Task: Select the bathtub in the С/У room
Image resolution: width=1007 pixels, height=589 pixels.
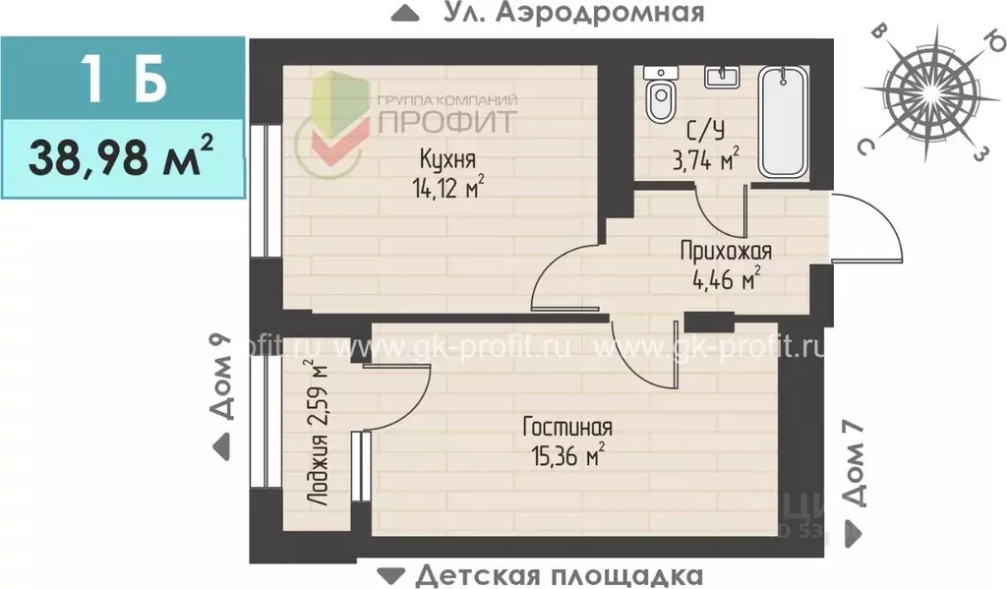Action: pos(783,122)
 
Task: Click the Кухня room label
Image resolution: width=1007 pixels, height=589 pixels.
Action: pos(447,159)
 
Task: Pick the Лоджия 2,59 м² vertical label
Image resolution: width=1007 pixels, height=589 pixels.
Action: pos(316,433)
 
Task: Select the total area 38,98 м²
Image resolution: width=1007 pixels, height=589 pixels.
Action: pos(121,154)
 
